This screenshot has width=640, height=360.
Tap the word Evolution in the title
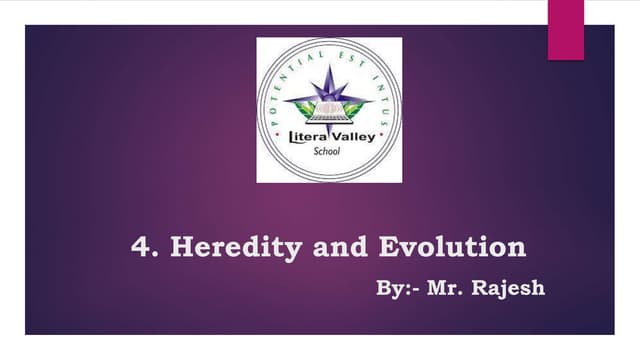pos(452,247)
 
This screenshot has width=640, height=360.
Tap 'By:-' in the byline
pos(397,289)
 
